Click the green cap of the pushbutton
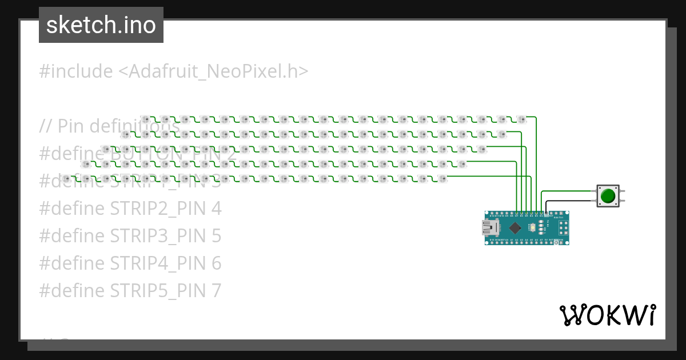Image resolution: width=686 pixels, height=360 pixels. (x=608, y=196)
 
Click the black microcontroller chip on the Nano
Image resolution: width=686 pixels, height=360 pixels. (x=515, y=228)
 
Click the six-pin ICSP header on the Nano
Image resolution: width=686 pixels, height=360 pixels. (x=563, y=228)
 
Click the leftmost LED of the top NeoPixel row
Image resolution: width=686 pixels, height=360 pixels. (x=145, y=119)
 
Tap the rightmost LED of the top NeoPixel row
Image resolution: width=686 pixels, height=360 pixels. (x=521, y=119)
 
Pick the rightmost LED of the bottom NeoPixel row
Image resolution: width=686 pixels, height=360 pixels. (x=442, y=179)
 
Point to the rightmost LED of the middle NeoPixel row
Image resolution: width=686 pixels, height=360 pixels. (x=481, y=149)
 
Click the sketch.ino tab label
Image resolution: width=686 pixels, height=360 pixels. (x=101, y=25)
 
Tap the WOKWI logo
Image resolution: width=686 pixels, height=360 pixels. (x=607, y=315)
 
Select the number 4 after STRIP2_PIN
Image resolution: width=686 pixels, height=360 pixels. (x=216, y=209)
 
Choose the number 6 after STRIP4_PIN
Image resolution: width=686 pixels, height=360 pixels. (x=216, y=263)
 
